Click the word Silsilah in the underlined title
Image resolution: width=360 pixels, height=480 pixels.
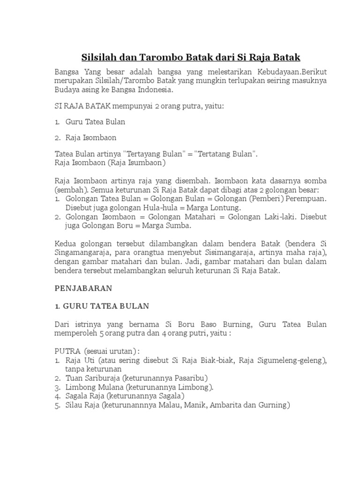pyautogui.click(x=99, y=57)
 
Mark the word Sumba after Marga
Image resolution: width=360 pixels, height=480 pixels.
pyautogui.click(x=177, y=225)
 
